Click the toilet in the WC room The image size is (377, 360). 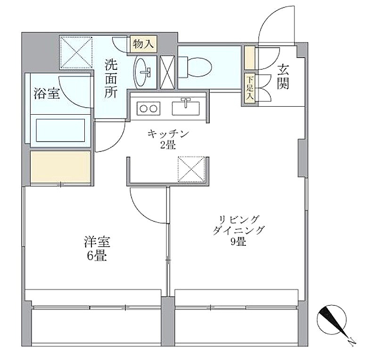(195, 67)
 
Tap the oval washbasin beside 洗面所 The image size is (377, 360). (142, 72)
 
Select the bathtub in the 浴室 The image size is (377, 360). (60, 130)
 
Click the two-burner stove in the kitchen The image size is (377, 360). (148, 109)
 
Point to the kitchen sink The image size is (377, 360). (186, 108)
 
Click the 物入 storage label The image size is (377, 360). (144, 44)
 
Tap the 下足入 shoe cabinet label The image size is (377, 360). (250, 88)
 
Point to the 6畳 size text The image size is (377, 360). (97, 256)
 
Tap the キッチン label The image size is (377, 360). (168, 134)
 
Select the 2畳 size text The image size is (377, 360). (168, 145)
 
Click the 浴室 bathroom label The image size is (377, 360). (47, 93)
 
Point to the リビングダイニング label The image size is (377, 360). (238, 225)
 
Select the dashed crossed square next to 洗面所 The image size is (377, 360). (76, 52)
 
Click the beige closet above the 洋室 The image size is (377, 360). (60, 167)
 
